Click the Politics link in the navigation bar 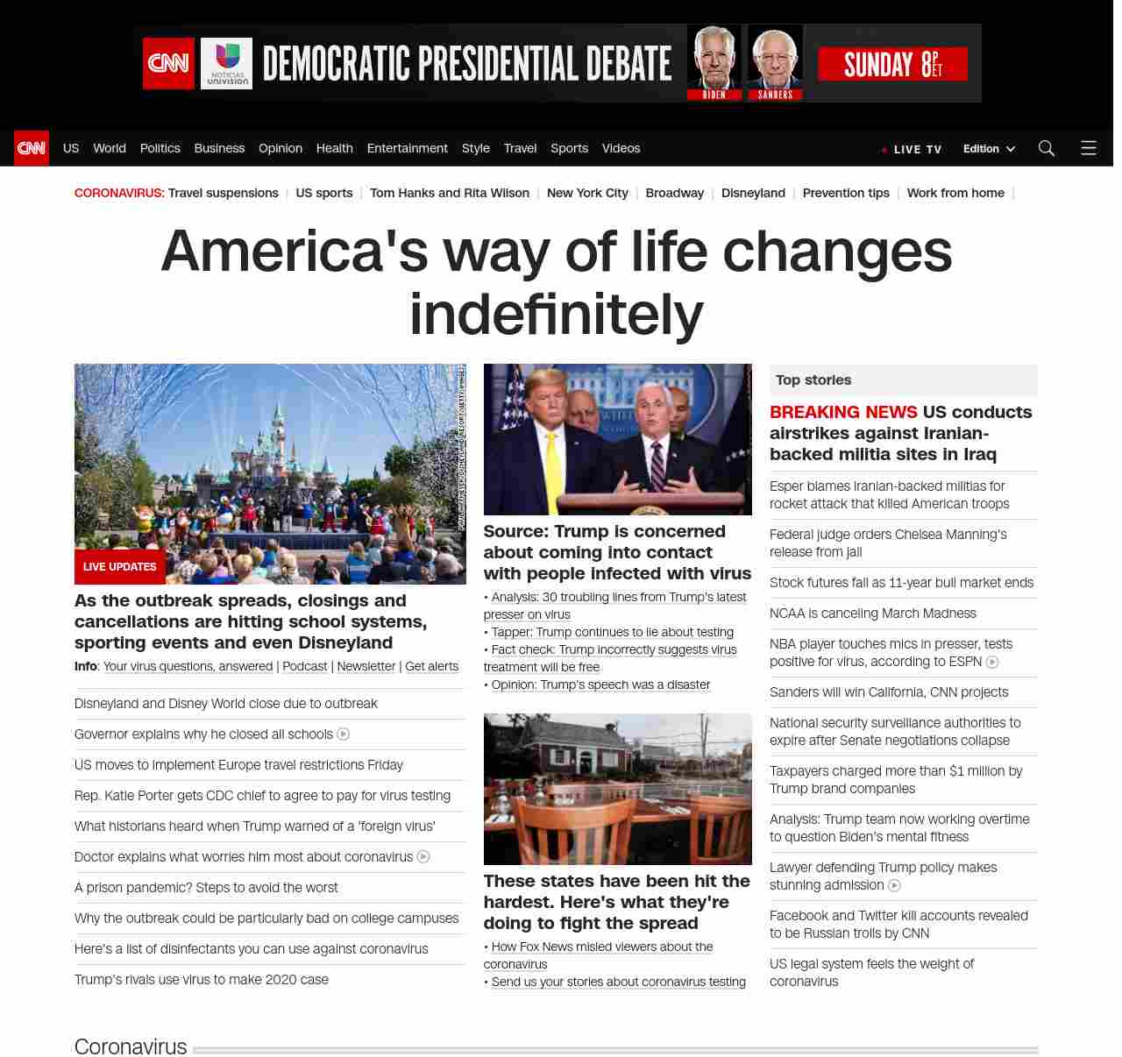(160, 148)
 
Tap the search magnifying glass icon (1046, 148)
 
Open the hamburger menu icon (1088, 148)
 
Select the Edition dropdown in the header (989, 149)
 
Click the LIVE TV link (917, 150)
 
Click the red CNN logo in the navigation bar (32, 148)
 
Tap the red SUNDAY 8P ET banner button (892, 64)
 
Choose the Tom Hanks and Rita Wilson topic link (449, 193)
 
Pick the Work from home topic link (955, 193)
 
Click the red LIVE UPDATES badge (120, 567)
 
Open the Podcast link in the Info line (305, 666)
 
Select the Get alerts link (431, 666)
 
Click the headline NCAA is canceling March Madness (872, 614)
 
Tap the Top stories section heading (813, 380)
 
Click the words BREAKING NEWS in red (843, 412)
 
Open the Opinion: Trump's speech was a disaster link (600, 685)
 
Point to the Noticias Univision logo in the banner (226, 63)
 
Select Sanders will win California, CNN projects (889, 692)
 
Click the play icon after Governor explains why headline (344, 734)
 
